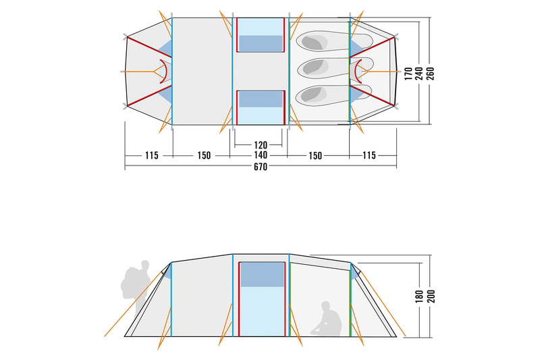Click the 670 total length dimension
[261, 167]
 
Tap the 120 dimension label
[261, 145]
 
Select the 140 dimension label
[261, 155]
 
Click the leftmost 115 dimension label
[151, 156]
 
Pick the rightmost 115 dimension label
[369, 156]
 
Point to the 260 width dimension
[431, 74]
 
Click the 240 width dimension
[419, 74]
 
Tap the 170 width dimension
[408, 74]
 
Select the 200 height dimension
[431, 297]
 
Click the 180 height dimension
[419, 297]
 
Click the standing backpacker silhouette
[136, 289]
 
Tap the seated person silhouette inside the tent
[326, 319]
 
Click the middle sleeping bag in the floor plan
[335, 68]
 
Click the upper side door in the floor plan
[261, 35]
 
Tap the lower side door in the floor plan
[261, 107]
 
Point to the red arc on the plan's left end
[163, 72]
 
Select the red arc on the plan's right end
[358, 72]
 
